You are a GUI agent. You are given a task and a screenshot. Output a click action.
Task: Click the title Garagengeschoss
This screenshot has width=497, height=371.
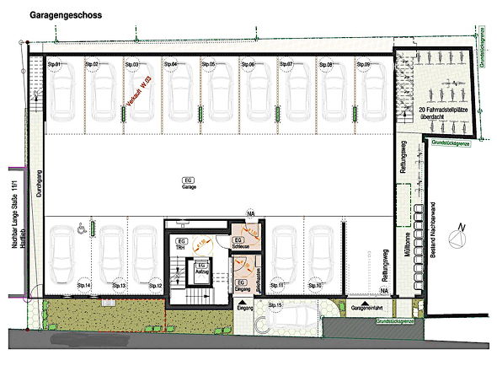(66, 15)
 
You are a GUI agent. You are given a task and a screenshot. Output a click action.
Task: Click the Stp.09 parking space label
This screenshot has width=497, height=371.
(363, 65)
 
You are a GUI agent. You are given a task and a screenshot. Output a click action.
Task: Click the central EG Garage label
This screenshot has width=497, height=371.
(190, 183)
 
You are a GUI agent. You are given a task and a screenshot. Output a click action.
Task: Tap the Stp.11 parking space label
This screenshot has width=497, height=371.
(275, 286)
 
